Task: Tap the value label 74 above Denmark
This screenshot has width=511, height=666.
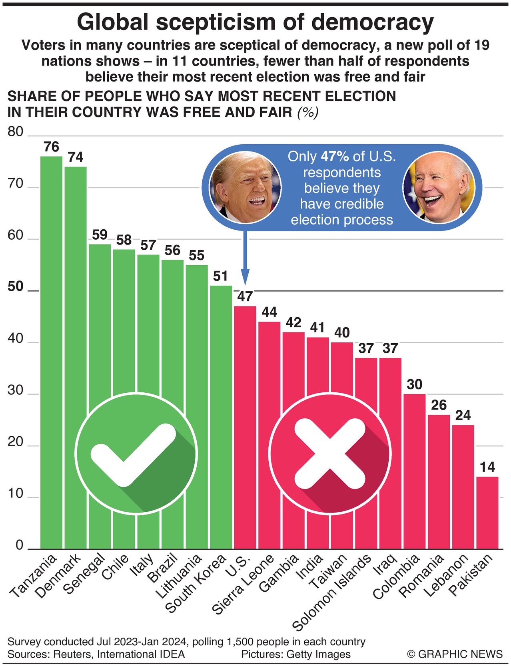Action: [x=76, y=157]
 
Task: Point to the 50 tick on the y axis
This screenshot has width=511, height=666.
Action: [x=16, y=287]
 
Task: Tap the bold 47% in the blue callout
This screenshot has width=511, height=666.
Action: [x=335, y=156]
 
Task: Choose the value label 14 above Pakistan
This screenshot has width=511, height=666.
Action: [x=487, y=467]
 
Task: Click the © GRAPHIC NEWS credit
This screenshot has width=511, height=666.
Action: [x=455, y=654]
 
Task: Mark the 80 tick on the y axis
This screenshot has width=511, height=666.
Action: [x=16, y=132]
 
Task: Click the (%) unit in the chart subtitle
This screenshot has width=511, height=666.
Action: [x=307, y=113]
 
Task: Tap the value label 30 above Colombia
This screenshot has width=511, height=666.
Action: [x=414, y=384]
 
